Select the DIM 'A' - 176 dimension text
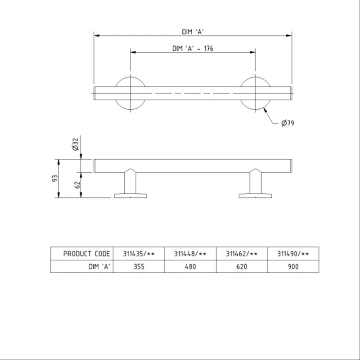[x=193, y=49]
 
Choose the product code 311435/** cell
[x=139, y=254]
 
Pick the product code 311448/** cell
[x=190, y=254]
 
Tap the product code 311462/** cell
[x=242, y=254]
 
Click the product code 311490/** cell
[x=293, y=254]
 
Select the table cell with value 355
[x=139, y=266]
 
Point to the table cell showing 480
[x=190, y=266]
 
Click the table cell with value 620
[x=242, y=266]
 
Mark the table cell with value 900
[x=293, y=266]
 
